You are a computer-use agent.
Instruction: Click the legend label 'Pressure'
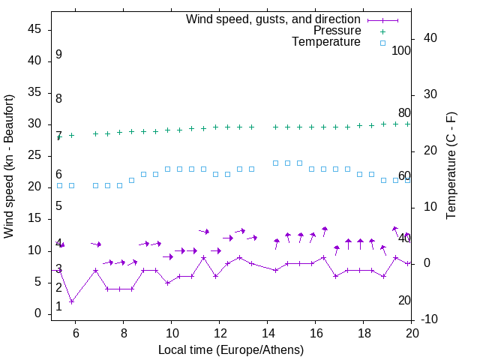pyautogui.click(x=337, y=31)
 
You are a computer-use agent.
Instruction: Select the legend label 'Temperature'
pyautogui.click(x=326, y=42)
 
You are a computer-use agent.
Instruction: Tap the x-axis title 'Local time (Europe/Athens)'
pyautogui.click(x=231, y=349)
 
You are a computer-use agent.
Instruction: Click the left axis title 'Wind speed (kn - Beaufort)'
pyautogui.click(x=9, y=166)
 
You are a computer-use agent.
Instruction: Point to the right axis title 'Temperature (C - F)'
pyautogui.click(x=451, y=166)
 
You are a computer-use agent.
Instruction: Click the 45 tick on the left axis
pyautogui.click(x=34, y=29)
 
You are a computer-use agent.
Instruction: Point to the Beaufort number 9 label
pyautogui.click(x=58, y=55)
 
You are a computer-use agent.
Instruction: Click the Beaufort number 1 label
pyautogui.click(x=58, y=307)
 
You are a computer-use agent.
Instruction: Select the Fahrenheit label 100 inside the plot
pyautogui.click(x=401, y=51)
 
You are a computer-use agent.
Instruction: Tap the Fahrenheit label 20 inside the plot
pyautogui.click(x=404, y=300)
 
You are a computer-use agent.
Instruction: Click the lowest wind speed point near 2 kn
pyautogui.click(x=71, y=301)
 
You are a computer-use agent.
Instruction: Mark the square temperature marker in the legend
pyautogui.click(x=382, y=43)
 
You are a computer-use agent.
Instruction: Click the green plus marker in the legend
pyautogui.click(x=382, y=31)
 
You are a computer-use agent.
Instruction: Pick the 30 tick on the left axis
pyautogui.click(x=34, y=124)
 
